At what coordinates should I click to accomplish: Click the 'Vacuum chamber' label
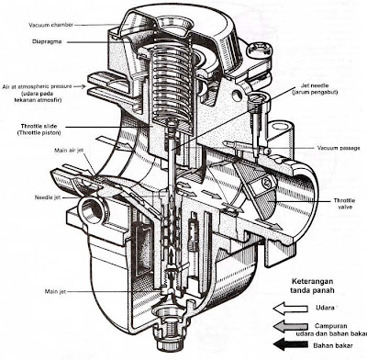click(x=50, y=25)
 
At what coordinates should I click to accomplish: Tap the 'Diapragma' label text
click(x=47, y=41)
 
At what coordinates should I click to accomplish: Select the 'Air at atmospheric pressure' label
click(x=37, y=86)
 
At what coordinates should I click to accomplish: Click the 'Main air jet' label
click(x=69, y=151)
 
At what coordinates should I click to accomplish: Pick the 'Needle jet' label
click(x=48, y=197)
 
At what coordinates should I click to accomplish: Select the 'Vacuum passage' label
click(x=339, y=148)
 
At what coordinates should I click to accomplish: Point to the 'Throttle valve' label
click(x=344, y=204)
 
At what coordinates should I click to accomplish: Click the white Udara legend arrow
click(x=290, y=309)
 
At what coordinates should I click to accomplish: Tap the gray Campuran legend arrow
click(x=290, y=327)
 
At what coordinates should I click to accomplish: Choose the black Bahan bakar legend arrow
click(x=290, y=344)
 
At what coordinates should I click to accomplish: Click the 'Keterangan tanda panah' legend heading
click(x=312, y=286)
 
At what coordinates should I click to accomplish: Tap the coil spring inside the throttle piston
click(x=172, y=83)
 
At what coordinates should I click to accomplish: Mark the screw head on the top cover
click(x=260, y=49)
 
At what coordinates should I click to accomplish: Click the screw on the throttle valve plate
click(x=265, y=183)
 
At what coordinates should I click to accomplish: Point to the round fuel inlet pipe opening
click(x=91, y=210)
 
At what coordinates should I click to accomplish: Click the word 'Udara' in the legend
click(x=325, y=308)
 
